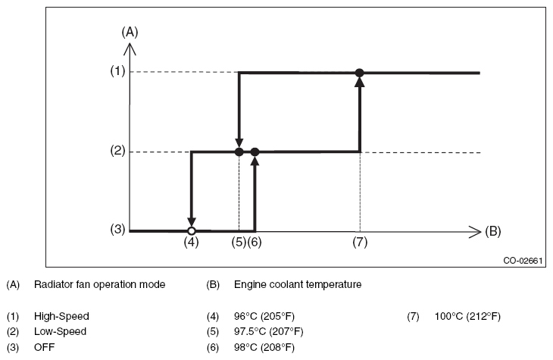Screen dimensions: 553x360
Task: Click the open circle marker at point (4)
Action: (x=191, y=231)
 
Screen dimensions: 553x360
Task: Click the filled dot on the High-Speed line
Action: (x=359, y=73)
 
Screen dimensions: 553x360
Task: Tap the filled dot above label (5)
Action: (x=239, y=152)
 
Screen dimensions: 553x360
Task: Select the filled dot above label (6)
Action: (x=255, y=152)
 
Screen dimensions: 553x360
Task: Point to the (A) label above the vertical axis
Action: (x=130, y=32)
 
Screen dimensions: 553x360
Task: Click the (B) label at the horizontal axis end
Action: (x=492, y=231)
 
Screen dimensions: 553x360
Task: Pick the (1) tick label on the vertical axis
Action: (x=117, y=71)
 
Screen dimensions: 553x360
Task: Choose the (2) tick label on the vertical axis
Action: (x=117, y=151)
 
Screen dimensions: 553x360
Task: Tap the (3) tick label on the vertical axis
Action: (x=117, y=230)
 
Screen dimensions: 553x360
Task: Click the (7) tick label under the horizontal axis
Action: (x=360, y=242)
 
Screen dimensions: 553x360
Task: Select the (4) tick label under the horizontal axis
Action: (x=191, y=242)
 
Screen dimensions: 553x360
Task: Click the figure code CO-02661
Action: (x=523, y=261)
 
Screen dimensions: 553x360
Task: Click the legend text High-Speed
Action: (x=61, y=316)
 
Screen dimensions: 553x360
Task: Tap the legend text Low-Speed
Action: (x=60, y=332)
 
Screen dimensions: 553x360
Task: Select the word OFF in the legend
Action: (x=45, y=347)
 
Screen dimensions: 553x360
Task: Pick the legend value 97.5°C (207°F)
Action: (x=268, y=332)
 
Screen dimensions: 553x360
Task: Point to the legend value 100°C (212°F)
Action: (x=467, y=316)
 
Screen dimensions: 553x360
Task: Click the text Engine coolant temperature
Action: (x=298, y=284)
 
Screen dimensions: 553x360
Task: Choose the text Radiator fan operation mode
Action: (x=99, y=284)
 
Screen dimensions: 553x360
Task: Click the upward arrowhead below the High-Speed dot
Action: (x=359, y=82)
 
